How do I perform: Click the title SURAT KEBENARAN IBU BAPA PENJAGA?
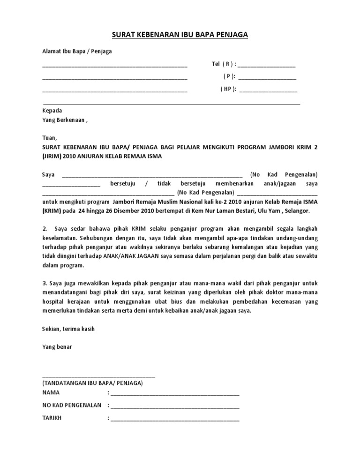pos(180,35)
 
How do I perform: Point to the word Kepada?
pos(52,111)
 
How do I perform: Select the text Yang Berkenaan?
pos(63,120)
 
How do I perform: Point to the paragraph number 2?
pos(45,229)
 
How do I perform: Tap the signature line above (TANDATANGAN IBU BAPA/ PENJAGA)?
pos(98,376)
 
